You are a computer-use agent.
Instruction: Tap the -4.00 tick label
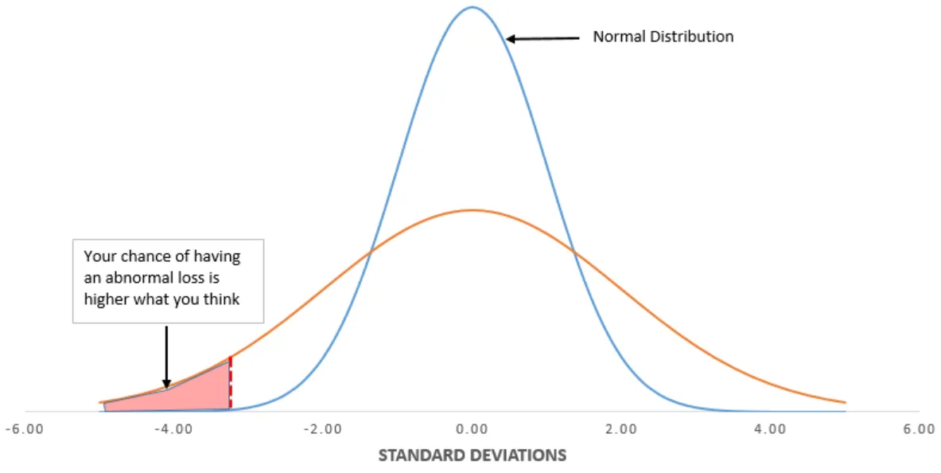pyautogui.click(x=173, y=429)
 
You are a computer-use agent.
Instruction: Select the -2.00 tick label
pyautogui.click(x=322, y=429)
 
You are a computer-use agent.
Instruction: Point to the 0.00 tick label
pyautogui.click(x=472, y=429)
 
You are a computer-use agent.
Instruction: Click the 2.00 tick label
pyautogui.click(x=620, y=429)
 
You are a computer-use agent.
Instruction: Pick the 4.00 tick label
pyautogui.click(x=770, y=429)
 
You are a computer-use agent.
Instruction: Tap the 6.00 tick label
pyautogui.click(x=919, y=429)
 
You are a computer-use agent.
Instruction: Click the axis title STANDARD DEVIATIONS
pyautogui.click(x=472, y=455)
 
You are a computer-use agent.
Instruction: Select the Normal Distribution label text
pyautogui.click(x=663, y=37)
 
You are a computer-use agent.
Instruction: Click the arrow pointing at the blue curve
pyautogui.click(x=544, y=37)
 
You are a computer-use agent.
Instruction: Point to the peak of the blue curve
pyautogui.click(x=472, y=7)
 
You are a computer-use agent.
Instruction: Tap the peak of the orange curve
pyautogui.click(x=472, y=210)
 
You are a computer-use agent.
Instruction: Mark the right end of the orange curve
pyautogui.click(x=845, y=402)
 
